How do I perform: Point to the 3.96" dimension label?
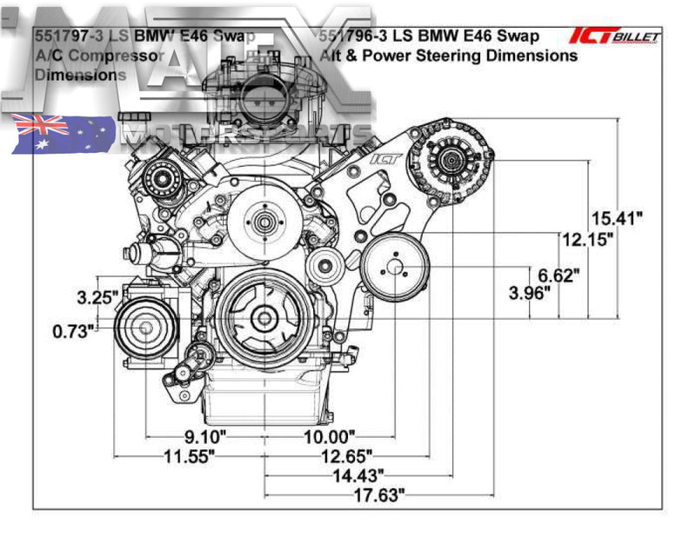pos(531,294)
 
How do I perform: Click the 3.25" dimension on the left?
pos(97,297)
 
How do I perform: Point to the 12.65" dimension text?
pos(345,456)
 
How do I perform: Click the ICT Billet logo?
pos(614,36)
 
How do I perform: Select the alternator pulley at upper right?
pos(452,159)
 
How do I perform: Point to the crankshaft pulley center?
pos(262,319)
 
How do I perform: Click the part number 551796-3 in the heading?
pos(352,36)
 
